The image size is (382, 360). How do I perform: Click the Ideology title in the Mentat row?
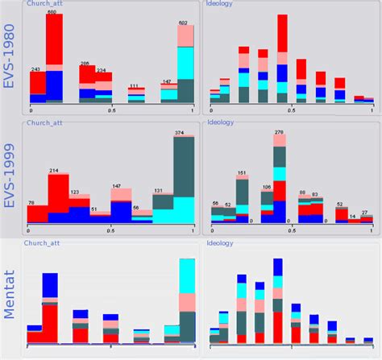point(222,242)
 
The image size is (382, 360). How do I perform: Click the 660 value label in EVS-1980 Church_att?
point(52,13)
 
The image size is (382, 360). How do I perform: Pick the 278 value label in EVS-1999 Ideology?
point(280,131)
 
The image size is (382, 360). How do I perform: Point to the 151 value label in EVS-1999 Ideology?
point(241,172)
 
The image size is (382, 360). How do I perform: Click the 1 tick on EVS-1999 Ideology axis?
point(372,230)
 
